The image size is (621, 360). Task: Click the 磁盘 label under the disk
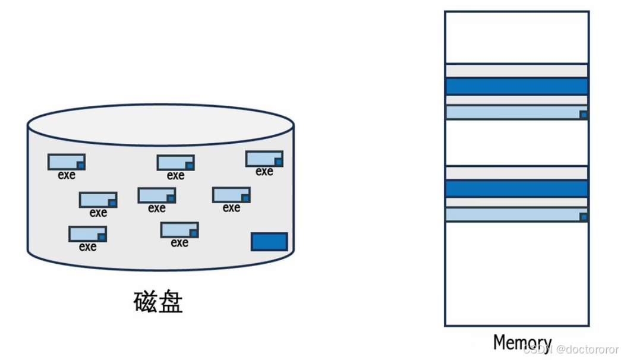pyautogui.click(x=158, y=302)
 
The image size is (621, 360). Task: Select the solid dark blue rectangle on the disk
pyautogui.click(x=269, y=242)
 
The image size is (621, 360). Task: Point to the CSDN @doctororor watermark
pyautogui.click(x=570, y=349)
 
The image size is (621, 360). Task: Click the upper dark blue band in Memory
pyautogui.click(x=516, y=86)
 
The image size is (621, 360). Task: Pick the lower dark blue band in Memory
pyautogui.click(x=516, y=189)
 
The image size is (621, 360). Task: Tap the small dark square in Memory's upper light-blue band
pyautogui.click(x=584, y=115)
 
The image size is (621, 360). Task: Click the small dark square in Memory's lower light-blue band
pyautogui.click(x=584, y=217)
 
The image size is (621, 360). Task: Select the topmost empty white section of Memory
pyautogui.click(x=516, y=37)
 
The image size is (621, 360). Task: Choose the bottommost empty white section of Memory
pyautogui.click(x=516, y=273)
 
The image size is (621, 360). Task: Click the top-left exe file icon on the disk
pyautogui.click(x=67, y=162)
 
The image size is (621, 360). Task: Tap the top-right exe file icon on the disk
pyautogui.click(x=264, y=159)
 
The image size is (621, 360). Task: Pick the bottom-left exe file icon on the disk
pyautogui.click(x=87, y=233)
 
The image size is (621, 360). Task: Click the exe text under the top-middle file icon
pyautogui.click(x=175, y=176)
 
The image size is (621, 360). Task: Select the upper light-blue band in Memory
pyautogui.click(x=512, y=112)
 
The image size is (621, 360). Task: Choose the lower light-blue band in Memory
pyautogui.click(x=512, y=214)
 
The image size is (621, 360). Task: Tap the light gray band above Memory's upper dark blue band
pyautogui.click(x=516, y=71)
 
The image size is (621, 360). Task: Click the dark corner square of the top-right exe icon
pyautogui.click(x=278, y=162)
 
